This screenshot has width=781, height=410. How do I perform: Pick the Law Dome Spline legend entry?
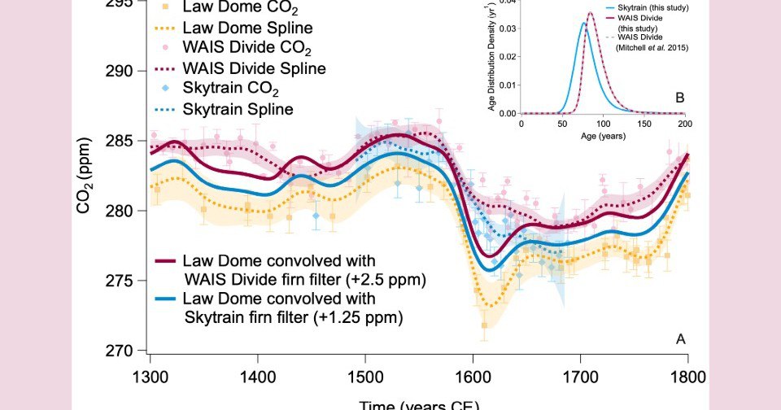pyautogui.click(x=237, y=26)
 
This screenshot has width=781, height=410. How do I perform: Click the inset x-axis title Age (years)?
pyautogui.click(x=602, y=136)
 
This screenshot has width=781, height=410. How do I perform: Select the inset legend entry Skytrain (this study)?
pyautogui.click(x=647, y=7)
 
